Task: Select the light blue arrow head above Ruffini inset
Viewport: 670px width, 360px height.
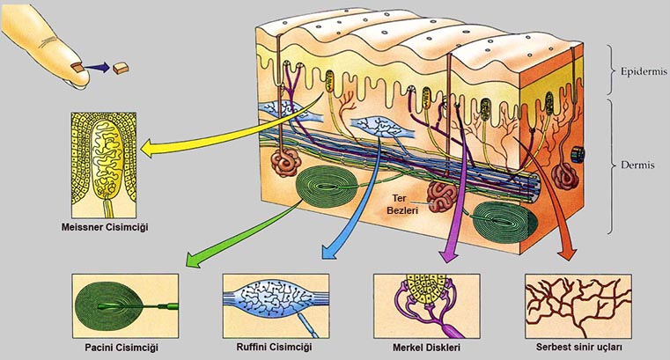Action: [x=330, y=253]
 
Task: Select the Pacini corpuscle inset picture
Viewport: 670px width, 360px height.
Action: [x=126, y=303]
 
